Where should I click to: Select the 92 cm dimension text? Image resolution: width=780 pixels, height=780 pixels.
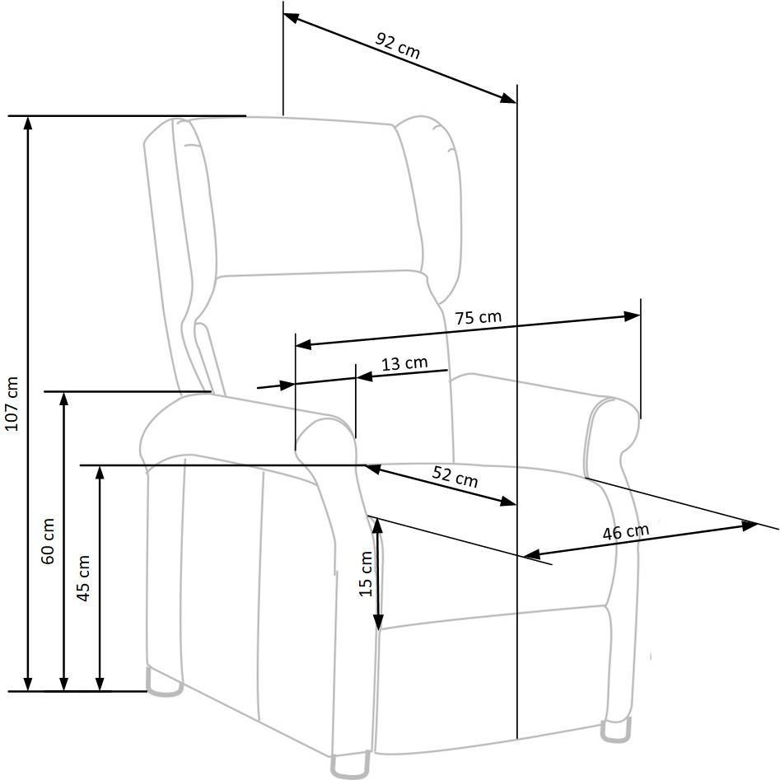398,45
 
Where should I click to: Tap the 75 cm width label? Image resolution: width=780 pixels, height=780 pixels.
478,317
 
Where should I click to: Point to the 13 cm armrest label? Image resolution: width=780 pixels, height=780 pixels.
404,363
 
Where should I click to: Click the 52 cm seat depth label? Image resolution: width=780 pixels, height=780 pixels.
455,477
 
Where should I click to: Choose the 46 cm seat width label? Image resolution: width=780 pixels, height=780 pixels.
626,532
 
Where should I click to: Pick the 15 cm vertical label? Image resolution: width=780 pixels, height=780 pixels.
366,573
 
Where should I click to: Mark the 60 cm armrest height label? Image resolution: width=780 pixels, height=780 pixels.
48,540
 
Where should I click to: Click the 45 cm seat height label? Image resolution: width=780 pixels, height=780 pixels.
83,578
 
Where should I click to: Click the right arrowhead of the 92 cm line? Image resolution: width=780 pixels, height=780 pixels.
508,98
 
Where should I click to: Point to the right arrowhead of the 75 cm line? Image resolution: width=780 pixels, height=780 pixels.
633,316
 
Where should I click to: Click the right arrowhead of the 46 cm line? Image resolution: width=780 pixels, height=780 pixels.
750,525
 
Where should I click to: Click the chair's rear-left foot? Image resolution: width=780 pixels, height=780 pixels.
164,682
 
